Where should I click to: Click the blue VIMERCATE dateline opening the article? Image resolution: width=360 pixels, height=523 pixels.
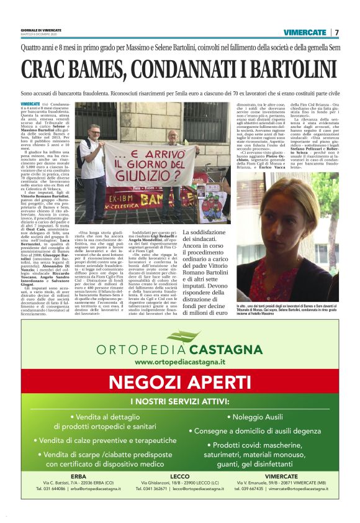pos(30,102)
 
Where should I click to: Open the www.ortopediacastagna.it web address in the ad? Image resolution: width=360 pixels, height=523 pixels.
pos(179,362)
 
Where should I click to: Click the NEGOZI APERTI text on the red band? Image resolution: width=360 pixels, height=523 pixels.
pos(179,381)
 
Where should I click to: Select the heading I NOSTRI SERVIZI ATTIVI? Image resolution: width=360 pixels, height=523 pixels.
pos(179,401)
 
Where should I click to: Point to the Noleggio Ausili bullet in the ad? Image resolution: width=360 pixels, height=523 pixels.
pos(256,417)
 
